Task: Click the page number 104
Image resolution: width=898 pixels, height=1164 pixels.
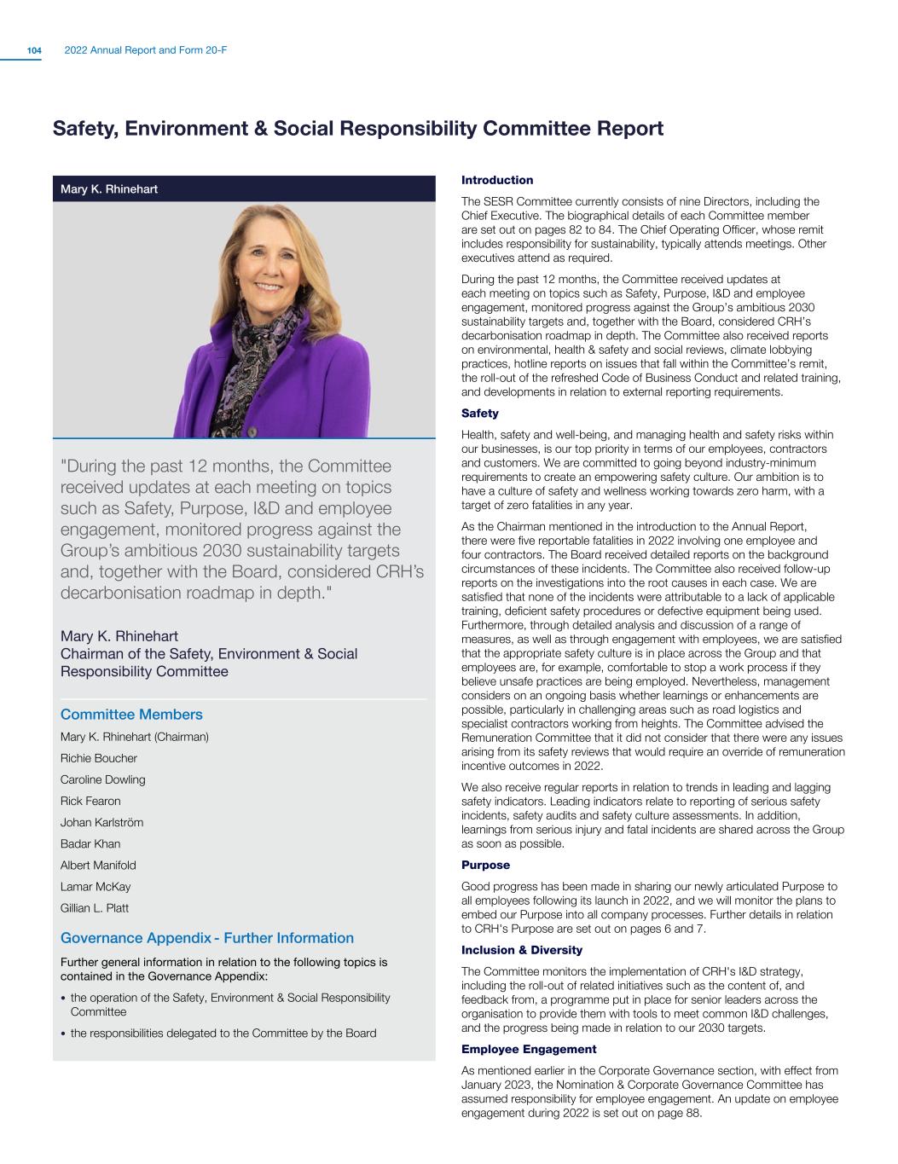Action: click(34, 51)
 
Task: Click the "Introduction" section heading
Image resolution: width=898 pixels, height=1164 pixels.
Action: click(496, 180)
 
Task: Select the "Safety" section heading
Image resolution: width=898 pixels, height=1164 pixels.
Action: click(479, 414)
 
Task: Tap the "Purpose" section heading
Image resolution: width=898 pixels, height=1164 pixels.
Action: click(485, 865)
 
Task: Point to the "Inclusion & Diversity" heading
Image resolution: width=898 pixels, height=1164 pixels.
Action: click(521, 950)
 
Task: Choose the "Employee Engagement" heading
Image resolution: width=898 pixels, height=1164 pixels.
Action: click(528, 1049)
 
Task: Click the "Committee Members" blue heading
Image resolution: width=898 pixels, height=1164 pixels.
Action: click(131, 715)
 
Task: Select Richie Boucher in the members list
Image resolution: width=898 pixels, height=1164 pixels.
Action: click(98, 758)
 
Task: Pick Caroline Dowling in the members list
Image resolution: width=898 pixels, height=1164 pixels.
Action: click(102, 779)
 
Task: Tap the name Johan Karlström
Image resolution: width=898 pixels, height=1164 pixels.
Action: click(101, 822)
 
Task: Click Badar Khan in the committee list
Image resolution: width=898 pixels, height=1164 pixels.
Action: click(90, 843)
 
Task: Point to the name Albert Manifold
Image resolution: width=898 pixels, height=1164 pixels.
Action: click(98, 865)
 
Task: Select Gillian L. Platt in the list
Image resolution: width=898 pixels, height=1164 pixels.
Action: click(94, 908)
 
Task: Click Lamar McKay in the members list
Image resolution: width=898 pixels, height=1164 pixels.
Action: click(95, 887)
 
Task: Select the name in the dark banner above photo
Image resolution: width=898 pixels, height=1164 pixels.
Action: click(108, 188)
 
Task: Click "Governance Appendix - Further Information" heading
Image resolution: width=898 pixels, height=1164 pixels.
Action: click(206, 938)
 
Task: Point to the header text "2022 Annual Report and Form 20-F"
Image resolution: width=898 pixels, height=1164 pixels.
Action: click(146, 51)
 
